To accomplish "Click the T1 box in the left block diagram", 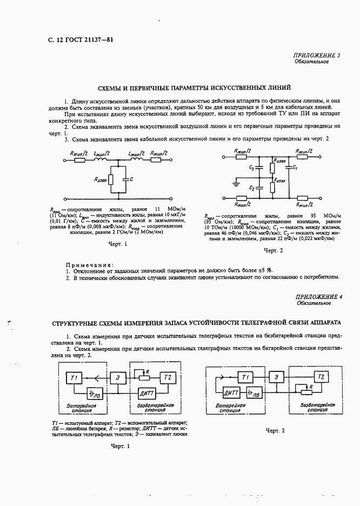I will coord(75,377).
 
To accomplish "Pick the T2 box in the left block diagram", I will coord(168,377).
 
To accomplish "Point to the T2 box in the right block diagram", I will coord(321,376).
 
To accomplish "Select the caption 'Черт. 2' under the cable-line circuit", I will coord(273,250).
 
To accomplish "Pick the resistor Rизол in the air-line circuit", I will coord(110,179).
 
